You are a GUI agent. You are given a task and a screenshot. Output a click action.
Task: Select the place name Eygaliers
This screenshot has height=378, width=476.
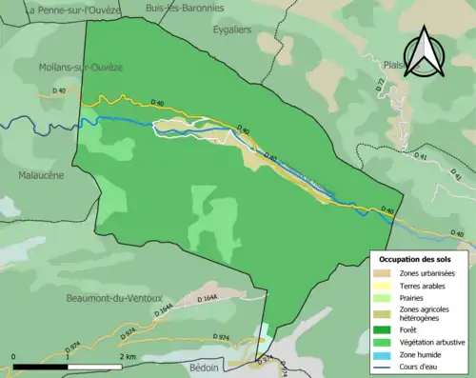[235, 30]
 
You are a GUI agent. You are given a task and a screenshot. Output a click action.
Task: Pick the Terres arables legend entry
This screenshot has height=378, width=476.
[421, 286]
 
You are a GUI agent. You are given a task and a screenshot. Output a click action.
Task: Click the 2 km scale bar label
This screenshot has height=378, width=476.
[128, 355]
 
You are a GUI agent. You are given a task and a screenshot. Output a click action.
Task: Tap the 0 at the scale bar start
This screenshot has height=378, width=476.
[14, 355]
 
